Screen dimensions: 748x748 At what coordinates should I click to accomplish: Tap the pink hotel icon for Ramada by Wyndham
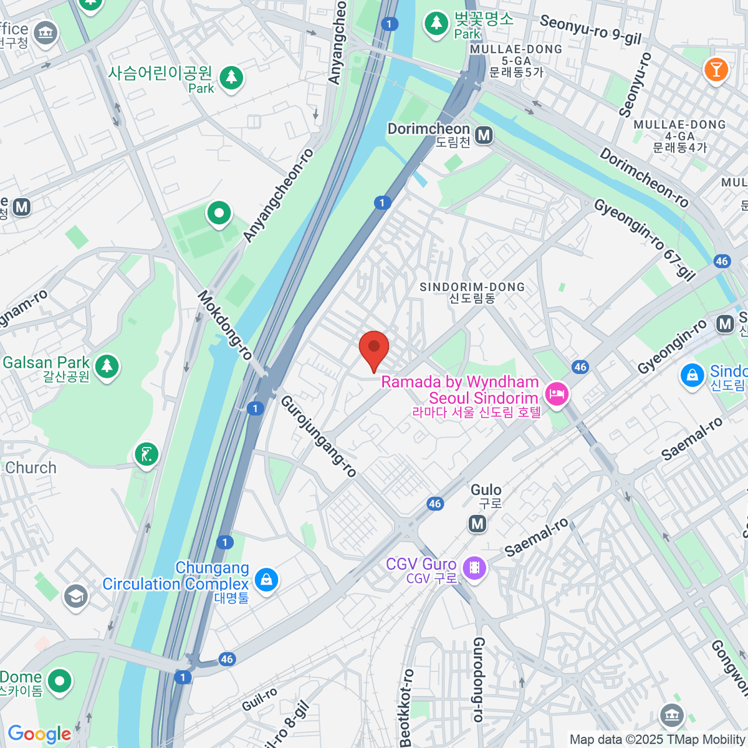556,393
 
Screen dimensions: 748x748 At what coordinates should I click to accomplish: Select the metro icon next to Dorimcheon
484,135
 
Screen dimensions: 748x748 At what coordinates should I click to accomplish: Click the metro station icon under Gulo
477,524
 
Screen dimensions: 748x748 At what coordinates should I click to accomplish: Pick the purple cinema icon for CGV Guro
475,567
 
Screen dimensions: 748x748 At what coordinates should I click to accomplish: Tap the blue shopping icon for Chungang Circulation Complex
266,579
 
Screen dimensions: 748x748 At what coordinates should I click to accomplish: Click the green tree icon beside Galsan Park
107,365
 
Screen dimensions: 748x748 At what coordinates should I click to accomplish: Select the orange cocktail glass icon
716,69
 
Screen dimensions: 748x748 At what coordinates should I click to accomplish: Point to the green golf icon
146,454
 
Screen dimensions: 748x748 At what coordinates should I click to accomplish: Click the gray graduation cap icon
75,597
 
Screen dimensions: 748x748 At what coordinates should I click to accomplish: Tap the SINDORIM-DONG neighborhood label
472,292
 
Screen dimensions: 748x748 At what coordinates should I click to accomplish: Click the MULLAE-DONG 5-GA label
516,60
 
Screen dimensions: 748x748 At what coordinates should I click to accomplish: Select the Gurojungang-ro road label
319,436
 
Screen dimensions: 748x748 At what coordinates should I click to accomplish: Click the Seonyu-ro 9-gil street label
590,30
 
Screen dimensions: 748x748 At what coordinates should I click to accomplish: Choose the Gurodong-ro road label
478,679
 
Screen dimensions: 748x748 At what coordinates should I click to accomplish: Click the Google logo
39,734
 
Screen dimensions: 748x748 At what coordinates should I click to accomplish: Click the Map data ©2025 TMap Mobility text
658,740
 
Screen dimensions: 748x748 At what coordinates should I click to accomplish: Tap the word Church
31,467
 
